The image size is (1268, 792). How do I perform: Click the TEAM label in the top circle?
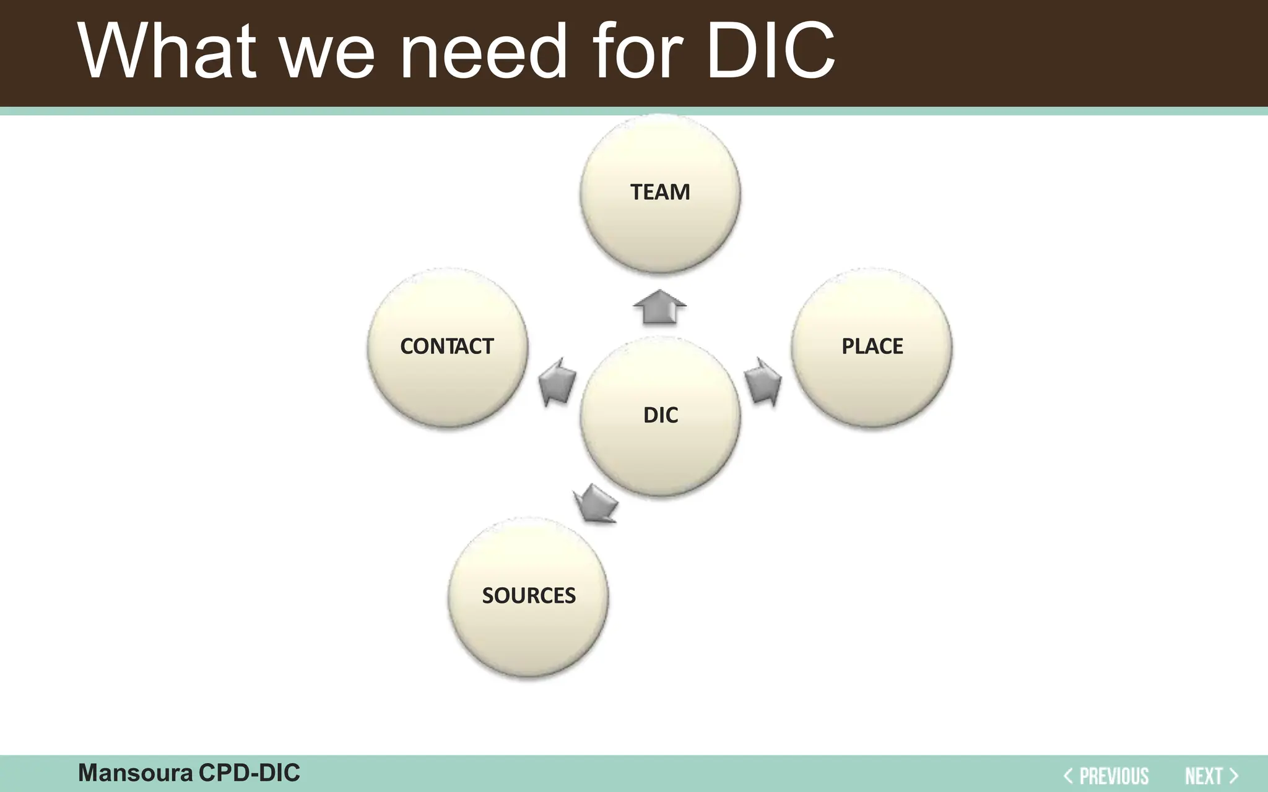point(660,192)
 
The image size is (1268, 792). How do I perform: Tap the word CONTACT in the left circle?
point(447,346)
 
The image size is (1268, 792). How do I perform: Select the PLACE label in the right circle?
point(872,346)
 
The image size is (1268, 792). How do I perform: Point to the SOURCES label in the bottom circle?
point(529,595)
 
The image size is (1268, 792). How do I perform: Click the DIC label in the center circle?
point(661,415)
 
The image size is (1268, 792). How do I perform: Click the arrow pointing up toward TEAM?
point(660,307)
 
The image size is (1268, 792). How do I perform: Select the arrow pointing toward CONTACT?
point(557,382)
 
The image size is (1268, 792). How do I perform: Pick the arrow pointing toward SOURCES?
point(596,504)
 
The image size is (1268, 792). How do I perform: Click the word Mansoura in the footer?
point(135,773)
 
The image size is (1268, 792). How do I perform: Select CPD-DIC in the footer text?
point(249,773)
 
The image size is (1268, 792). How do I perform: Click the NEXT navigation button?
point(1204,775)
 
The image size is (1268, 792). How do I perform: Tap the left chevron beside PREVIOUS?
point(1068,775)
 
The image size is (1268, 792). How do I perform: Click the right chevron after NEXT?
point(1233,775)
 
